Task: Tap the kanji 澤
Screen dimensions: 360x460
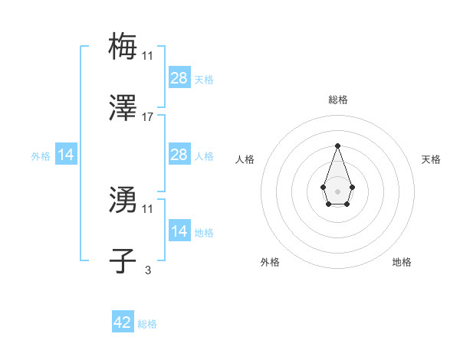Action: point(123,110)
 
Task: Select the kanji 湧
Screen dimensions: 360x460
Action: point(123,201)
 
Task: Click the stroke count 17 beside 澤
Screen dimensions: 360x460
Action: point(148,118)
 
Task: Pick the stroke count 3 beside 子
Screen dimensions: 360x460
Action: point(148,270)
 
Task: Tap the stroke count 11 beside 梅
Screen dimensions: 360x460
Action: point(148,55)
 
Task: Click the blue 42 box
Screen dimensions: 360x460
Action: point(123,322)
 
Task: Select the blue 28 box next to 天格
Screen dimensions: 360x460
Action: point(179,78)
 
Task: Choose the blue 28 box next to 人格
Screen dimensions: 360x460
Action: point(179,155)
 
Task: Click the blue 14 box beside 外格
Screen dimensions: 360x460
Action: point(66,155)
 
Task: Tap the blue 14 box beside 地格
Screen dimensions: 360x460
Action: point(179,231)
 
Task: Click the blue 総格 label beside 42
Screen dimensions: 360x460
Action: point(147,324)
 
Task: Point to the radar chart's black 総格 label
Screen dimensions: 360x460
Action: point(337,100)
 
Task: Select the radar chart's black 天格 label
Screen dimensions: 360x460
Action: point(431,159)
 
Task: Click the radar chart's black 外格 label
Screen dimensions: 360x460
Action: point(270,262)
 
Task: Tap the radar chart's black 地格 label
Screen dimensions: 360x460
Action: point(402,262)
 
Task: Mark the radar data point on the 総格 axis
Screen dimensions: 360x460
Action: point(337,146)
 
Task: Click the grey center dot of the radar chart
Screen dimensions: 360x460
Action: point(337,190)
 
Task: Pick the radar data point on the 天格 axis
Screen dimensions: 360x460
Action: point(352,187)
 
